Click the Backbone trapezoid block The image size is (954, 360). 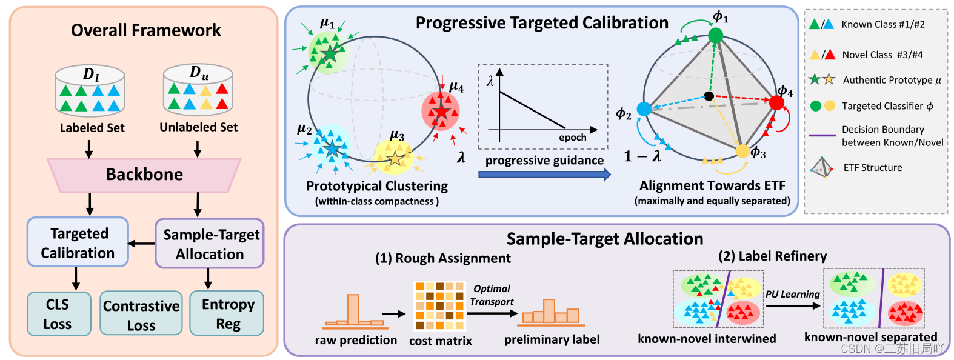coord(144,175)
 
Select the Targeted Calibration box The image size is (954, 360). coord(78,242)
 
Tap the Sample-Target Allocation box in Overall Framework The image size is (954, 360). coord(210,244)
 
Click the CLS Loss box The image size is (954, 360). coord(59,314)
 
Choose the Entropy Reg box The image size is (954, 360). coord(227,314)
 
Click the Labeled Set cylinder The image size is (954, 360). coord(90,93)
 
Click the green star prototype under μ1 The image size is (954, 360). coord(329,54)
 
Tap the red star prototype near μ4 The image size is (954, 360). coord(441,111)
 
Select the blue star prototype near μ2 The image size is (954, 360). coord(331,148)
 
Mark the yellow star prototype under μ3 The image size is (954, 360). coord(395,159)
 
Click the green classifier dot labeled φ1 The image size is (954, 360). coord(716,36)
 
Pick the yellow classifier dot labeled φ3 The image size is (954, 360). coord(742,151)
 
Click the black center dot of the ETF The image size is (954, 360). coord(709,96)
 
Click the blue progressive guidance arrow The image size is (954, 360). coord(544,175)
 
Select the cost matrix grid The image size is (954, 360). coord(439,305)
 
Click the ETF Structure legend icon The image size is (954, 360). coord(821,167)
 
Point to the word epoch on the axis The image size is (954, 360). coord(572,138)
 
